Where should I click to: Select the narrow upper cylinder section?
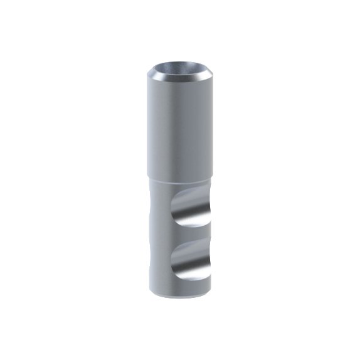click(x=179, y=125)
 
